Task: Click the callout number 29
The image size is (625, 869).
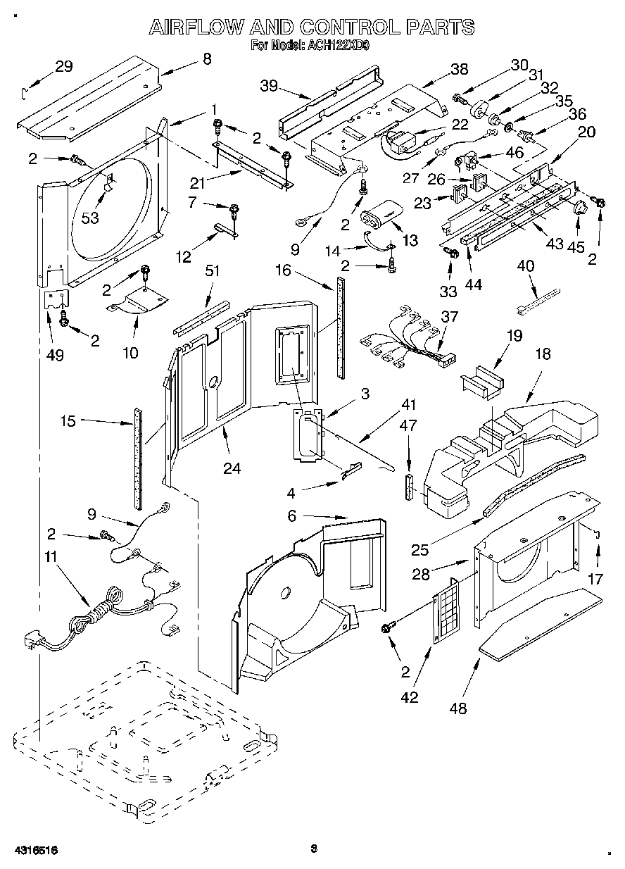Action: [63, 67]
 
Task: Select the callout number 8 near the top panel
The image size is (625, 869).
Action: [206, 60]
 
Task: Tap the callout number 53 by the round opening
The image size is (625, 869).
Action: [89, 218]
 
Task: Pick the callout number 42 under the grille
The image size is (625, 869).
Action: [409, 697]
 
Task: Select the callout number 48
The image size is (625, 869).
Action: [458, 709]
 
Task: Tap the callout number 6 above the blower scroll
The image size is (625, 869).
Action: [291, 516]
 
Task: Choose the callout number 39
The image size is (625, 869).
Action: [268, 87]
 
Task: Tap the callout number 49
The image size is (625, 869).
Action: [54, 355]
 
